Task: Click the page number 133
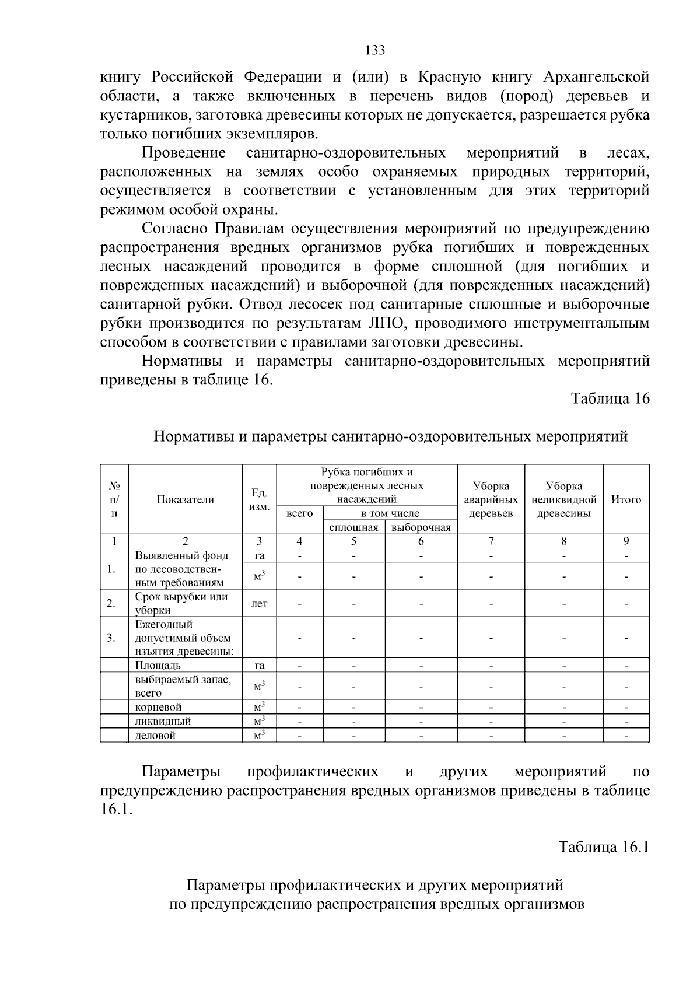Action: [x=375, y=50]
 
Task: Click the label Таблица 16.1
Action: [x=604, y=847]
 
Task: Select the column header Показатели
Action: [x=185, y=499]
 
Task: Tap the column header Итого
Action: [x=626, y=499]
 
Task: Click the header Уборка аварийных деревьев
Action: [x=491, y=499]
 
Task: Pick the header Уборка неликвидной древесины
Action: [x=563, y=499]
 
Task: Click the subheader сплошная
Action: [x=353, y=527]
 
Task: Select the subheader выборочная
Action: [x=421, y=527]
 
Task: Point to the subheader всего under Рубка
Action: [x=299, y=513]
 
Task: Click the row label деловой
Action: [x=155, y=735]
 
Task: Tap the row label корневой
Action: [x=159, y=707]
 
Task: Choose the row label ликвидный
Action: [x=163, y=721]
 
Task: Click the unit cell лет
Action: [x=259, y=603]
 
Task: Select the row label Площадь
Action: [x=158, y=665]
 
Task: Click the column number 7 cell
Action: [x=491, y=541]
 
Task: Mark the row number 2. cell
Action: [x=111, y=603]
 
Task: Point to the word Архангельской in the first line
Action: [x=596, y=76]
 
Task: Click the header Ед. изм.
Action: [x=259, y=499]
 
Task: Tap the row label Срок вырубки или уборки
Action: [x=181, y=603]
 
